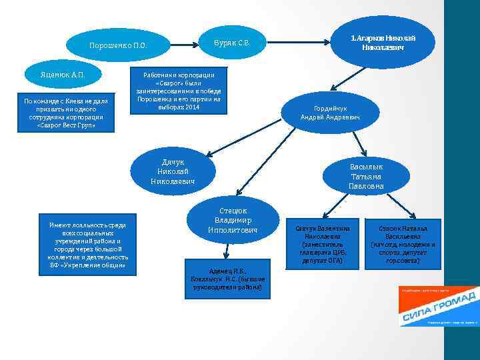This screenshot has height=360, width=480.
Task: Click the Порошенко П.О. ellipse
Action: pos(118,45)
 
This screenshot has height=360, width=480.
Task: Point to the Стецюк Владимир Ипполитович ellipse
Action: pos(233,218)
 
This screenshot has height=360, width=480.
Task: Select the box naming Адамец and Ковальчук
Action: pos(229,279)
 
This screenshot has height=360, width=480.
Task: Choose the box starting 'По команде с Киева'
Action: pos(67,113)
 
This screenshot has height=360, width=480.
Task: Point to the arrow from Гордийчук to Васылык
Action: pos(359,141)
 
